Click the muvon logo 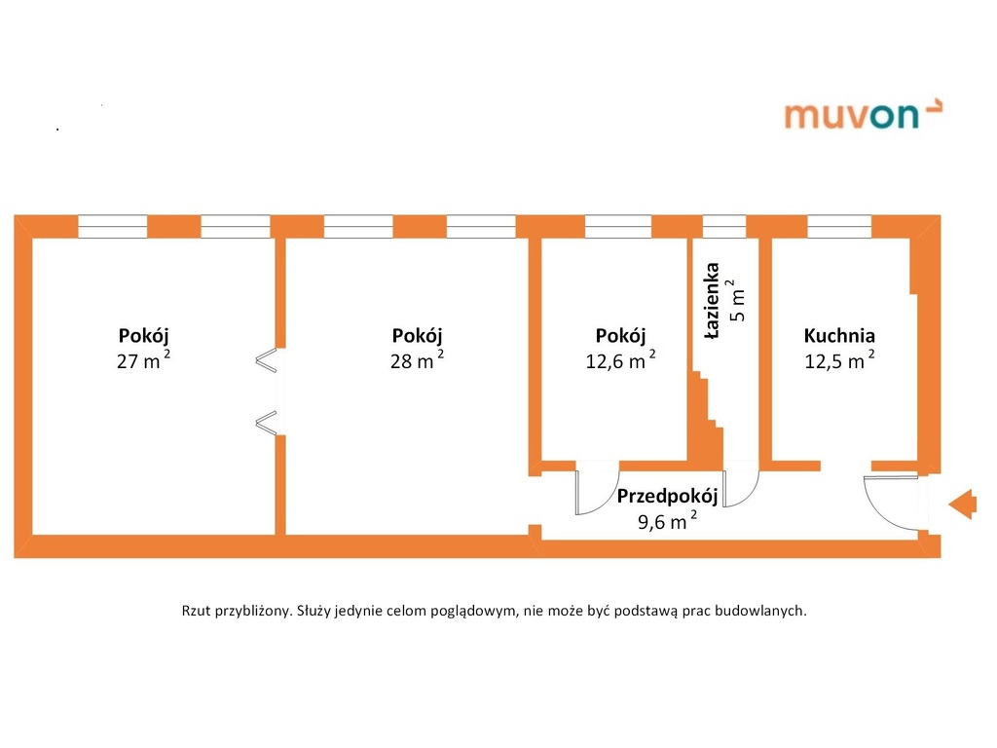pyautogui.click(x=863, y=114)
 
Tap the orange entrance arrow pyautogui.click(x=962, y=504)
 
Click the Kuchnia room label pyautogui.click(x=839, y=336)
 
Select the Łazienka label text pyautogui.click(x=713, y=301)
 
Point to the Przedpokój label pyautogui.click(x=668, y=497)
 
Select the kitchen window pyautogui.click(x=839, y=227)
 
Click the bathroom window pyautogui.click(x=724, y=227)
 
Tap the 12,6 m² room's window pyautogui.click(x=618, y=227)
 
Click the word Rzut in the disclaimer pyautogui.click(x=198, y=612)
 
